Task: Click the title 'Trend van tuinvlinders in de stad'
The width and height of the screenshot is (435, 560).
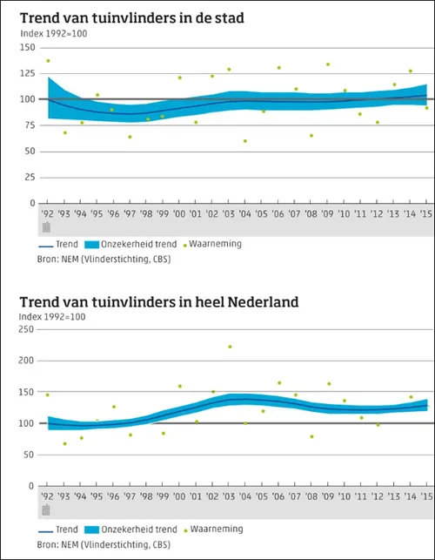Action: (133, 17)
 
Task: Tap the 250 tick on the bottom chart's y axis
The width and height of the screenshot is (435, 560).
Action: (28, 329)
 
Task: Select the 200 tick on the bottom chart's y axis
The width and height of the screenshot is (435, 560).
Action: (28, 360)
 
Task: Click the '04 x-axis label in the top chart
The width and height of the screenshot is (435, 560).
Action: (246, 213)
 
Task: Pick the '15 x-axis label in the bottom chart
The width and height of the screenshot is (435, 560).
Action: (425, 496)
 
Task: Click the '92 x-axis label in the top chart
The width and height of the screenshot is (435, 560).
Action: (47, 213)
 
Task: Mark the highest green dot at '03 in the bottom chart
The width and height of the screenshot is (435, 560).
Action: (230, 347)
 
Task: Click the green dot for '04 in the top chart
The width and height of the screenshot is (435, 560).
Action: (246, 141)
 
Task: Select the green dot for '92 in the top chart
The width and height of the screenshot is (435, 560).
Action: (48, 61)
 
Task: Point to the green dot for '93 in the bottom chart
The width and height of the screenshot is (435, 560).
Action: (64, 443)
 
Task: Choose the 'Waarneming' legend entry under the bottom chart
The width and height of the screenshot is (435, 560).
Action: (214, 528)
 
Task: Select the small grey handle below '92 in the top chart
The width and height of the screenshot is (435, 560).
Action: (47, 226)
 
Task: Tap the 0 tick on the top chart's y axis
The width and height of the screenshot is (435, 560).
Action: (32, 203)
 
